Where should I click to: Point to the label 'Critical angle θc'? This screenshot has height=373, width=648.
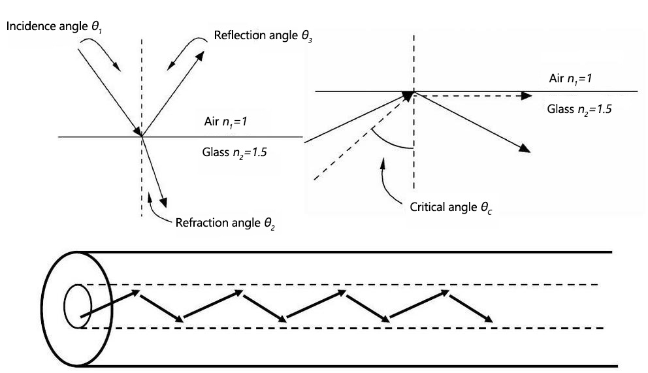(x=451, y=206)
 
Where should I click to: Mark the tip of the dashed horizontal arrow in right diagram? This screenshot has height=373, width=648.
(x=528, y=95)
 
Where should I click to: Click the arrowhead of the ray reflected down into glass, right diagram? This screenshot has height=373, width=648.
(x=526, y=150)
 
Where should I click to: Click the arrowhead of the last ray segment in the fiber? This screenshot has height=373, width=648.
(x=489, y=319)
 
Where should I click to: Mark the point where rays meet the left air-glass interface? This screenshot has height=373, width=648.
(x=142, y=136)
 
